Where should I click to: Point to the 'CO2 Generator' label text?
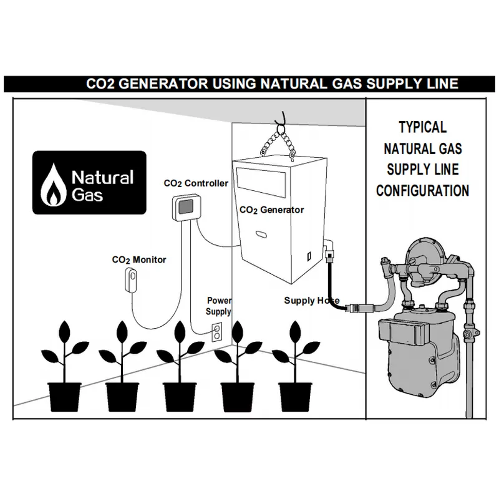tap(272, 210)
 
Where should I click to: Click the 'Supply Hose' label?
tap(312, 301)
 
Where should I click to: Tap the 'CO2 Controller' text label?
tap(195, 183)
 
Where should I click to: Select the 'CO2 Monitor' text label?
tap(139, 259)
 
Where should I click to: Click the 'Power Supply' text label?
tap(219, 306)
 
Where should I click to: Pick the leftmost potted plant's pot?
tap(64, 397)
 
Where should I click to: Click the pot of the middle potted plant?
tap(180, 397)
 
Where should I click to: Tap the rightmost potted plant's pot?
tap(295, 397)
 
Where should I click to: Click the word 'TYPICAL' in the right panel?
tap(422, 128)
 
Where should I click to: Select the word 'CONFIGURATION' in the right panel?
tap(422, 190)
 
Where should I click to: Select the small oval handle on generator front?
tap(261, 235)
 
